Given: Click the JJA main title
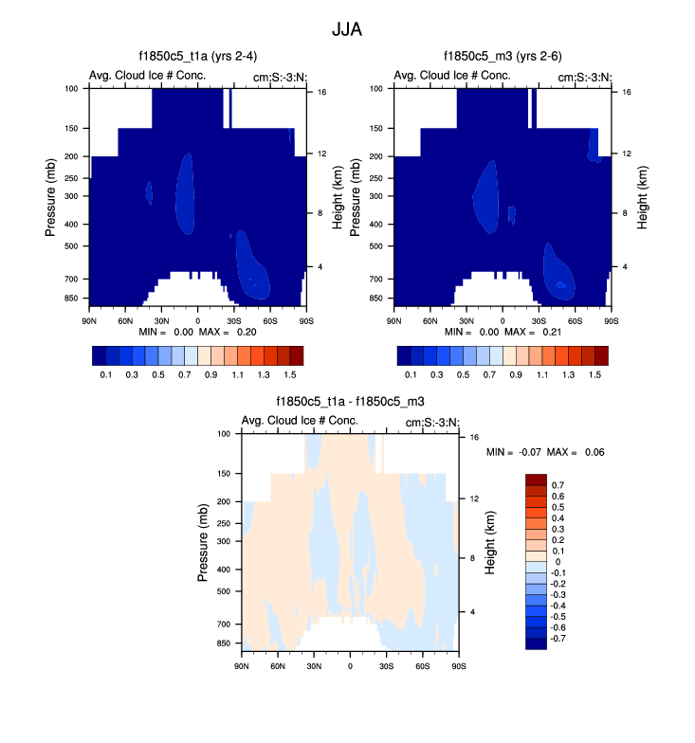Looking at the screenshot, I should pos(346,29).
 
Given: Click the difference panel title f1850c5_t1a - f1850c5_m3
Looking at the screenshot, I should pos(350,402).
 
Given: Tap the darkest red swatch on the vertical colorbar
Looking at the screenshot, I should pos(536,479).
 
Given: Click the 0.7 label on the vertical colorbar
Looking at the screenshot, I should pos(558,484).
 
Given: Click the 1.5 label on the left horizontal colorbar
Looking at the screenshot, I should pos(295,374).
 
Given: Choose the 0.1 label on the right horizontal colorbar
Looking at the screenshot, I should pos(410,374).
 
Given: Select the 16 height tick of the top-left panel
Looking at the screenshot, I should pos(321,92).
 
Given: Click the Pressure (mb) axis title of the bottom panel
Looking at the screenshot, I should pos(204,543).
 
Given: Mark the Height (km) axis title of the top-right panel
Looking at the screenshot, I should pos(642,198).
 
